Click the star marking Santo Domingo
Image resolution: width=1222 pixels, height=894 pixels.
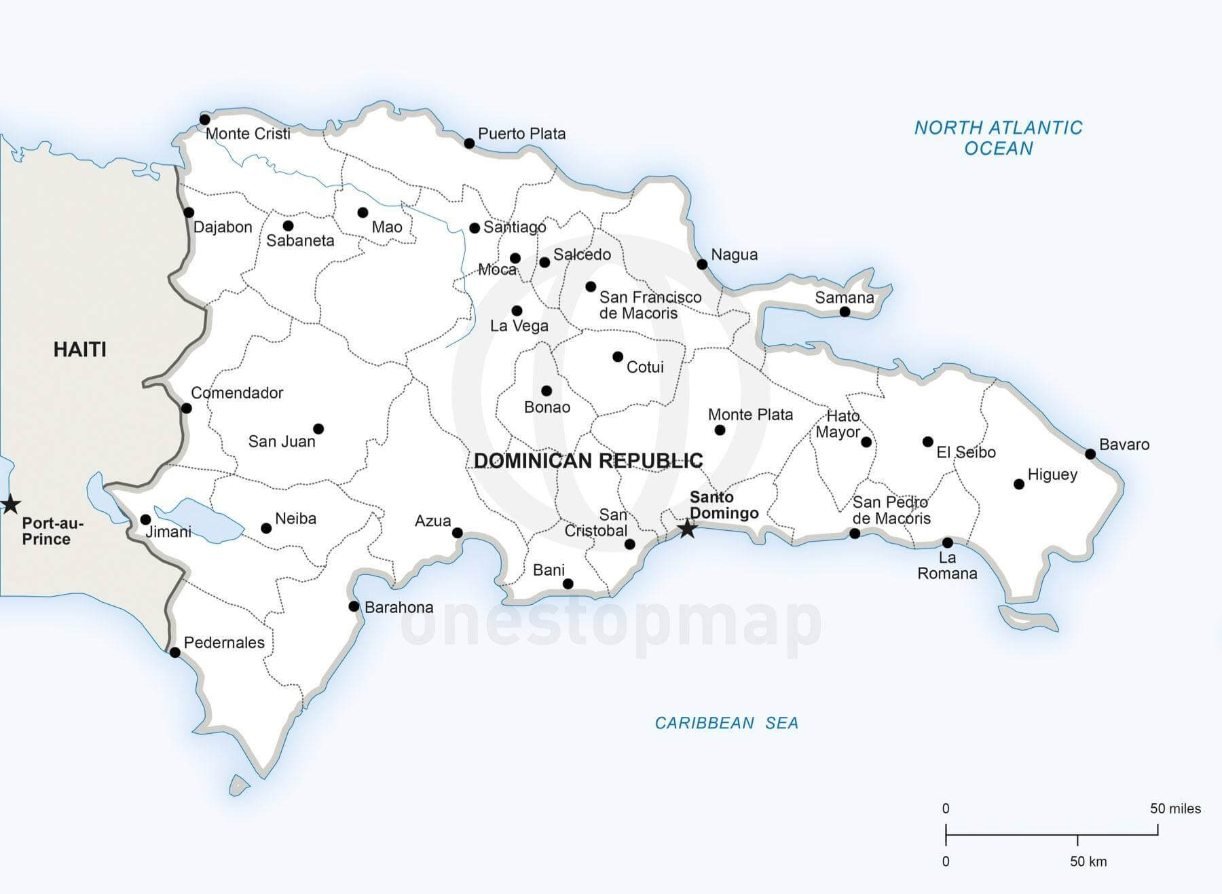(x=687, y=528)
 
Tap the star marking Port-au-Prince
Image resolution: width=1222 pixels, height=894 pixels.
(x=10, y=504)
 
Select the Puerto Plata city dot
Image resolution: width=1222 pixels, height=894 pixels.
(x=469, y=143)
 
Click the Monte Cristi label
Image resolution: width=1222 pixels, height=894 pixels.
(x=248, y=134)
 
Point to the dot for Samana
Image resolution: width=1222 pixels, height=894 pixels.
(x=845, y=312)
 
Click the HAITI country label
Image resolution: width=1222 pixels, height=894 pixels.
(x=80, y=350)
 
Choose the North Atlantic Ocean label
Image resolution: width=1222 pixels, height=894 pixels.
(x=998, y=138)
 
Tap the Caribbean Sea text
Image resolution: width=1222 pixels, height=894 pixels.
(x=726, y=723)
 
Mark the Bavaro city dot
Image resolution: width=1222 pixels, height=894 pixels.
(x=1090, y=454)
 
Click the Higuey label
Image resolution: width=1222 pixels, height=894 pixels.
(x=1052, y=474)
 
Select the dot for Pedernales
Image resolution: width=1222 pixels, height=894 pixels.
(x=174, y=652)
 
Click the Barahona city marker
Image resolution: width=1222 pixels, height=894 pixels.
(x=354, y=606)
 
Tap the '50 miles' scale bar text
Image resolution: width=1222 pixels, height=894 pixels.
(x=1175, y=808)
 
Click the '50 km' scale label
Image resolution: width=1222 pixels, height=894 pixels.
(x=1088, y=861)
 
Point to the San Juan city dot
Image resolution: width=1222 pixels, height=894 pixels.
(x=318, y=429)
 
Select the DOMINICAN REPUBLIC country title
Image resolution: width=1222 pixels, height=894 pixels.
(x=588, y=461)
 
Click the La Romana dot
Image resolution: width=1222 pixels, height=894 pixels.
(x=947, y=543)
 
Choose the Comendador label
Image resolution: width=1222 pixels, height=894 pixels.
(x=237, y=393)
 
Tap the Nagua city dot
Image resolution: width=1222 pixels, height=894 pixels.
(x=703, y=265)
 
